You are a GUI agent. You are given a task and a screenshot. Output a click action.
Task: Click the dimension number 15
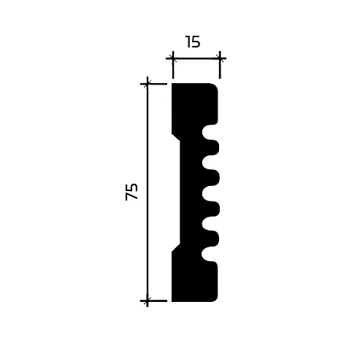[x=193, y=42]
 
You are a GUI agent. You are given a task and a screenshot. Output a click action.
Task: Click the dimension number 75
[x=132, y=192]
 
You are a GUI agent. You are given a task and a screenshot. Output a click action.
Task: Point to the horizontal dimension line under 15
[x=196, y=58]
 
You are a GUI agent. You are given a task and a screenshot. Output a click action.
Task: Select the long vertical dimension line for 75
[x=148, y=192]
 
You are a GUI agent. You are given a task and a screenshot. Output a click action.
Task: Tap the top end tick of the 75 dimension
[x=148, y=84]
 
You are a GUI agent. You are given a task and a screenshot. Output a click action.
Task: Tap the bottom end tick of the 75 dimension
[x=148, y=300]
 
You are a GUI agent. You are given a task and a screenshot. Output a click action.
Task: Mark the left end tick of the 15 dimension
[x=173, y=58]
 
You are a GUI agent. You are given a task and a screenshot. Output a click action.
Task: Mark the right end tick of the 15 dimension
[x=220, y=58]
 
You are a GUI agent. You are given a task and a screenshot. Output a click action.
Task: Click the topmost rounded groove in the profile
[x=210, y=132]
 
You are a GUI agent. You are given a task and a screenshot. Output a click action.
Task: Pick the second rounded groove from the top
[x=210, y=163]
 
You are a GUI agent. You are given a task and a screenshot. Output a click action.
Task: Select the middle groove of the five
[x=210, y=193]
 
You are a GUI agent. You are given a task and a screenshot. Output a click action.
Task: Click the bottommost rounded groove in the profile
[x=210, y=254]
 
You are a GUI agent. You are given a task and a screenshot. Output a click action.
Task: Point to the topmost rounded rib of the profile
[x=212, y=147]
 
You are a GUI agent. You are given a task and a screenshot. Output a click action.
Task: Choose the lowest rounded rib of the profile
[x=212, y=238]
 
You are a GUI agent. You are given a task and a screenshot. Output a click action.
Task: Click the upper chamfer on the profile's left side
[x=176, y=137]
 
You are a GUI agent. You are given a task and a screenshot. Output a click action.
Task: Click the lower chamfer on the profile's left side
[x=176, y=248]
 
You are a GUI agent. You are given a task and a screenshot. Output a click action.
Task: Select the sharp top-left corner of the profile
[x=172, y=84]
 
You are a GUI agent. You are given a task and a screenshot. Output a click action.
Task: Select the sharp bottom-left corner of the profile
[x=172, y=300]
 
